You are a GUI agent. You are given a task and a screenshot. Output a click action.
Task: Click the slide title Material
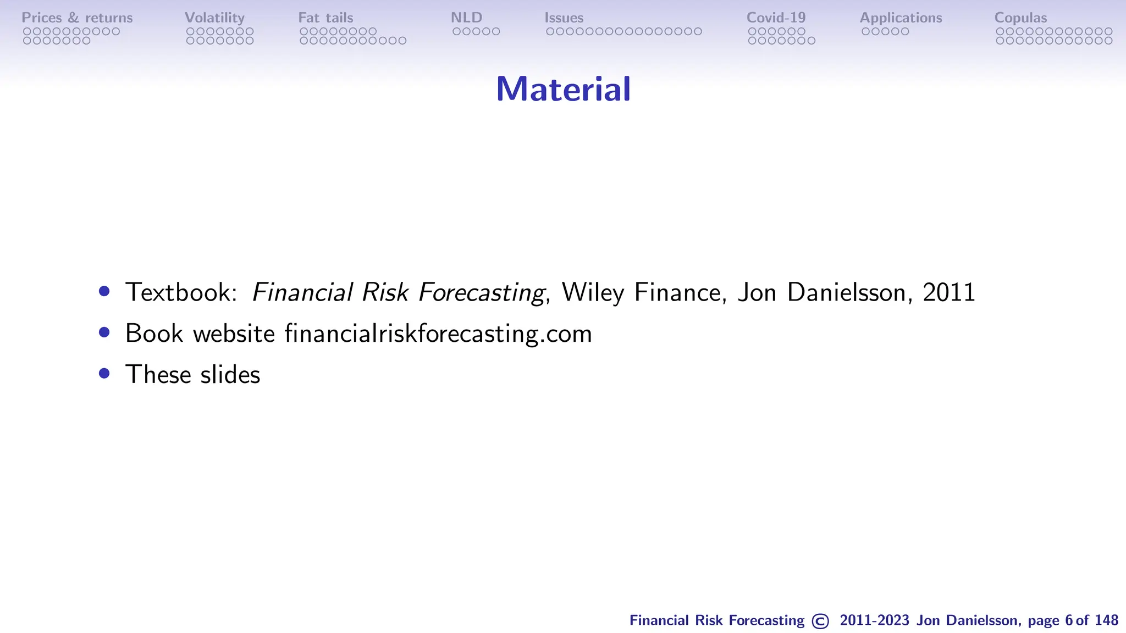coord(563,89)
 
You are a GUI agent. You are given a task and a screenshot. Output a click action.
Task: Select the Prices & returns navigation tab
coord(77,18)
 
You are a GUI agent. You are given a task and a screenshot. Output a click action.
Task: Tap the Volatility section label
coord(214,18)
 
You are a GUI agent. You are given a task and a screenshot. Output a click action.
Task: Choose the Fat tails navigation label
coord(325,18)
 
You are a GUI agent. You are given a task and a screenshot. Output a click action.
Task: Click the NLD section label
coord(466,18)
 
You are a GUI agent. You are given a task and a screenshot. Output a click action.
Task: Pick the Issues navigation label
coord(564,18)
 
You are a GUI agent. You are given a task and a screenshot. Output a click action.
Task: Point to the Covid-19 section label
coord(776,18)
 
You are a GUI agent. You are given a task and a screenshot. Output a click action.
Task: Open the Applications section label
coord(901,18)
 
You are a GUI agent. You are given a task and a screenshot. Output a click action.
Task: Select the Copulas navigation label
coord(1020,18)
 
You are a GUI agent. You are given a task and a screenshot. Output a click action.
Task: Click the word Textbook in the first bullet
coord(181,292)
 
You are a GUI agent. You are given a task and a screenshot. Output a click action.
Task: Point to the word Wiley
coord(593,292)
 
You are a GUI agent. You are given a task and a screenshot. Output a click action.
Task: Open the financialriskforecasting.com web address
coord(438,334)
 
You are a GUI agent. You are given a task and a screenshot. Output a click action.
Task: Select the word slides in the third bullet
coord(230,375)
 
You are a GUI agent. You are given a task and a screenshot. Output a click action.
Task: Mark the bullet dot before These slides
coord(104,374)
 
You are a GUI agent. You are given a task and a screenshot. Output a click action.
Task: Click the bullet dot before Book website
coord(104,332)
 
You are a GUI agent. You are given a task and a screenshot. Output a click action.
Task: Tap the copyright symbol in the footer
coord(820,621)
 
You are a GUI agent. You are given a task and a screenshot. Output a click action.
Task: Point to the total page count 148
coord(1106,620)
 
